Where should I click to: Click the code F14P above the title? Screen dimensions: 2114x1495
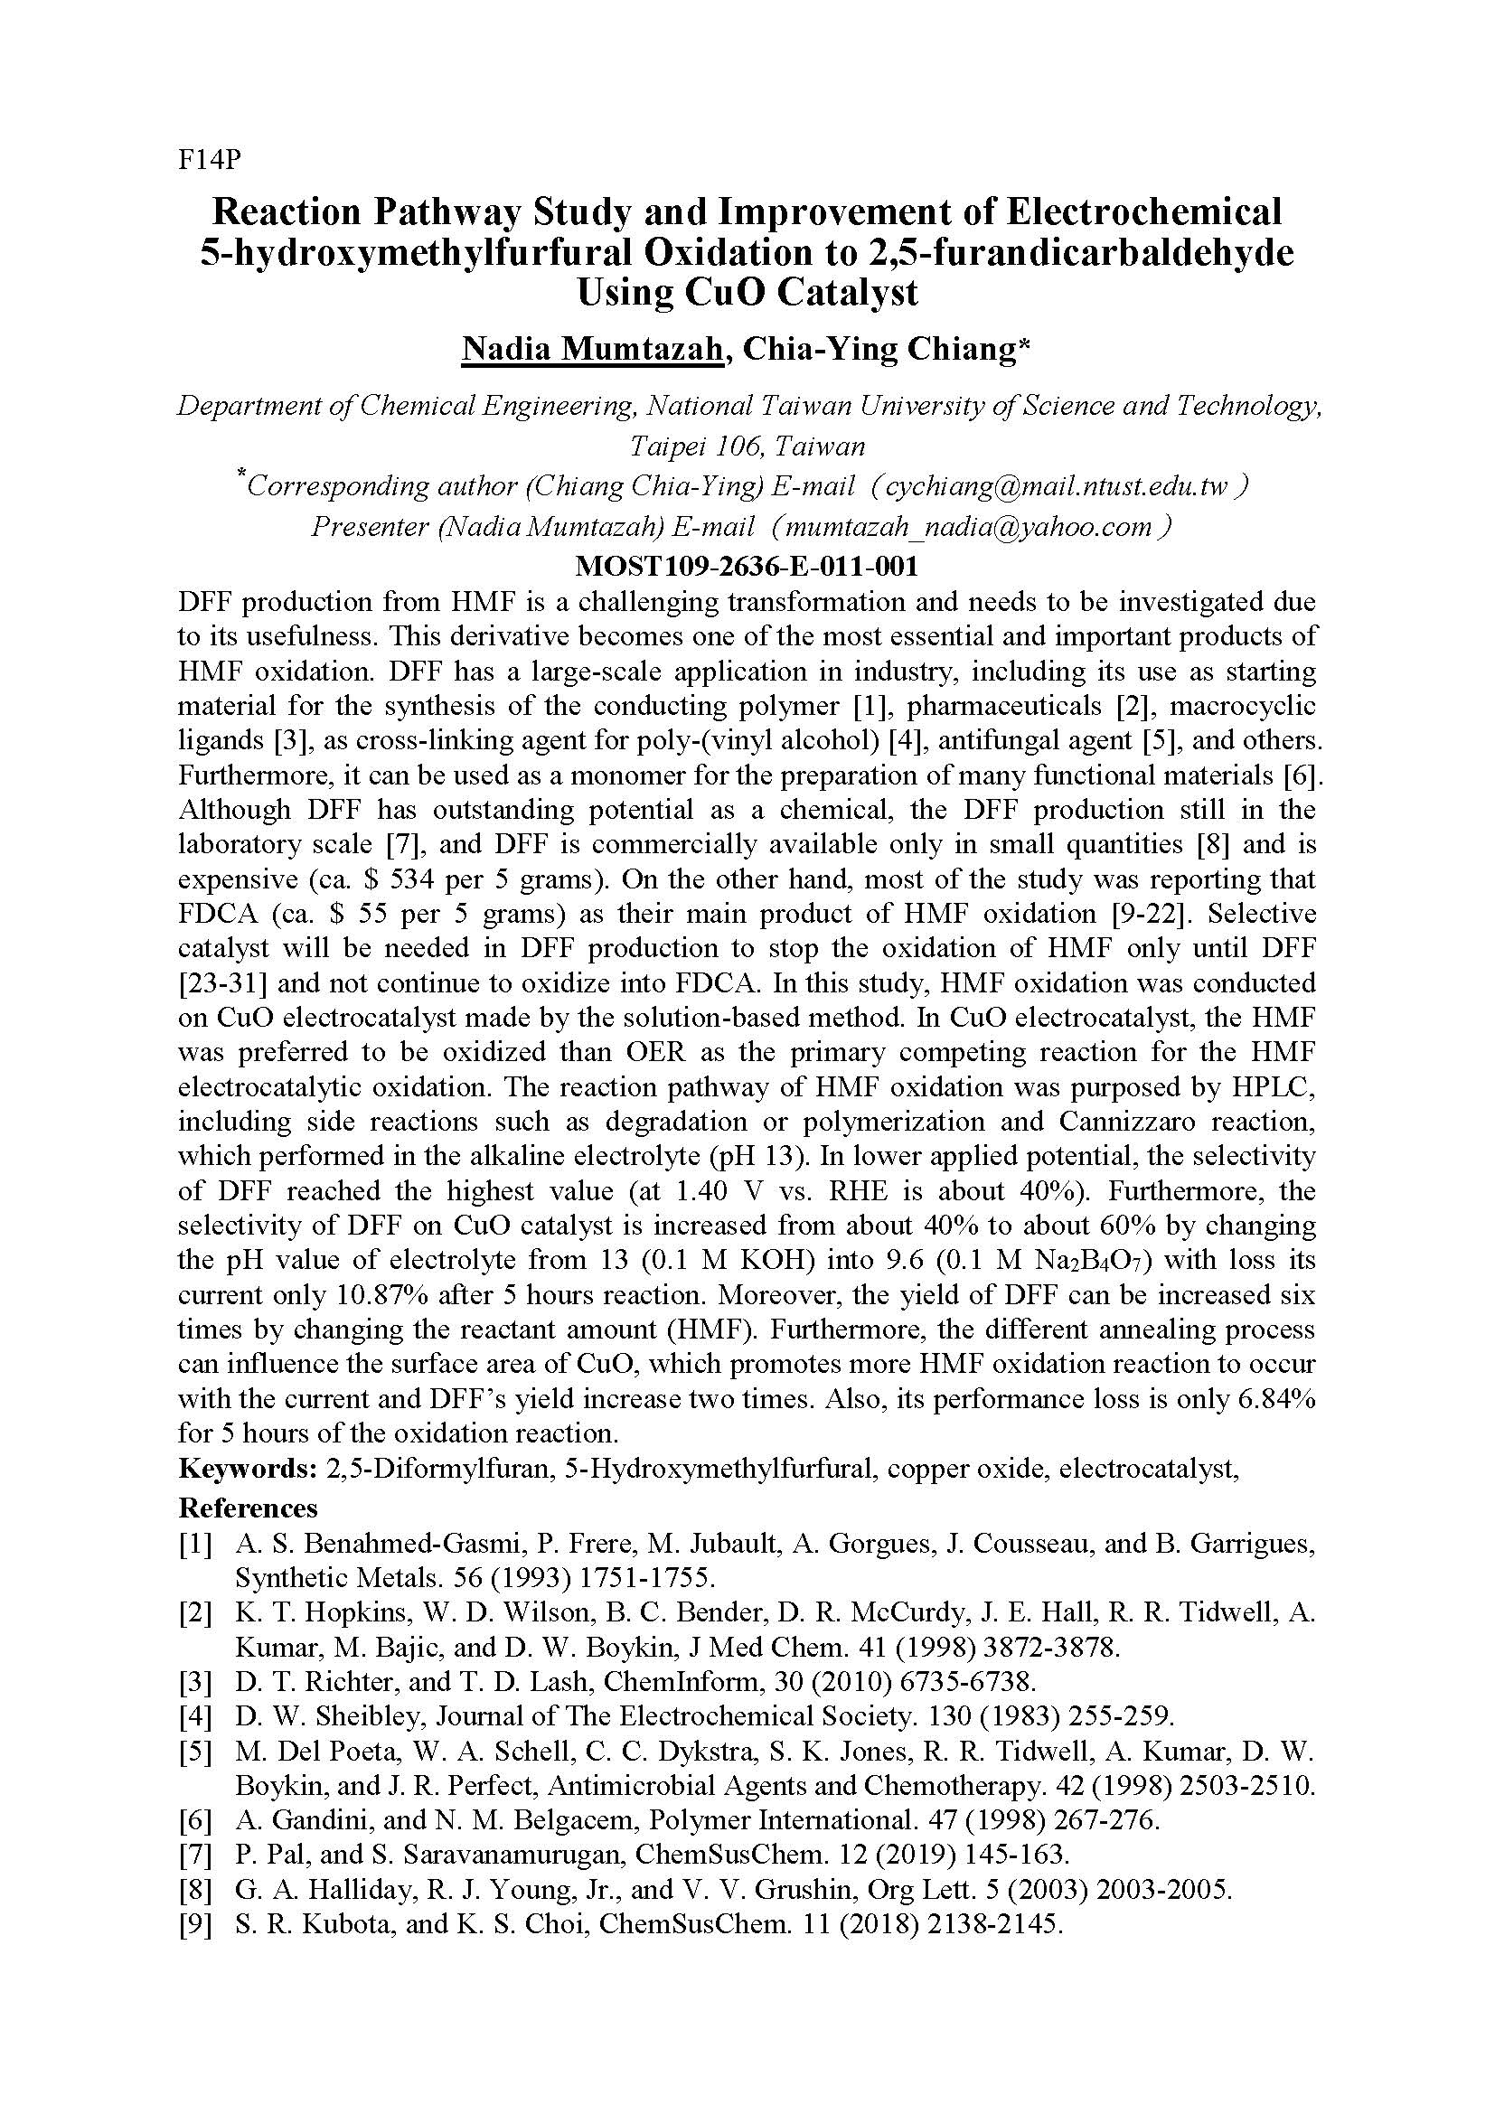(209, 160)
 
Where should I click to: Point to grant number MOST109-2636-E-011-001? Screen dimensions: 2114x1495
(746, 564)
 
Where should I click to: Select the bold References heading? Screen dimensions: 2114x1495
(248, 1508)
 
